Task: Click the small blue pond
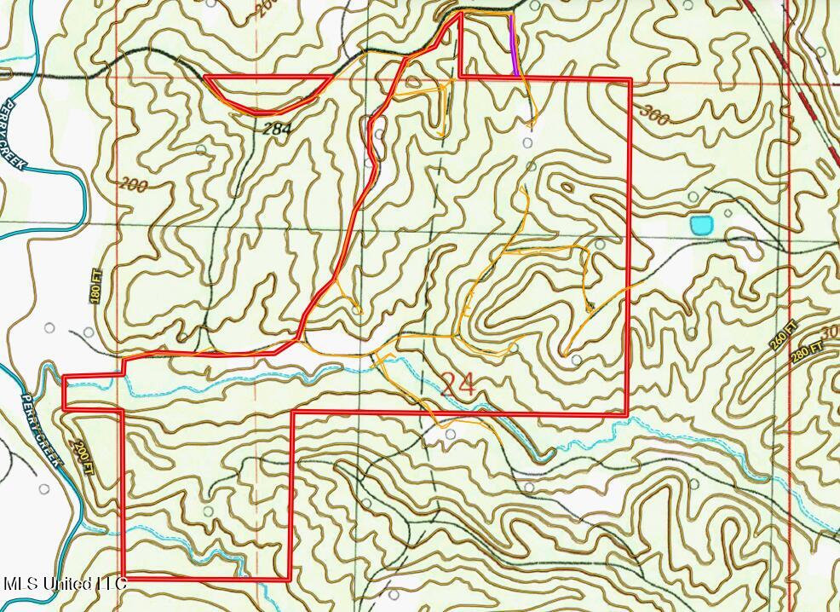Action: coord(700,225)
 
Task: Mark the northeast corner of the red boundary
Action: coord(630,79)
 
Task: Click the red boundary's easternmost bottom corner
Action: coord(628,414)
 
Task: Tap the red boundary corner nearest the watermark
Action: coord(124,577)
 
